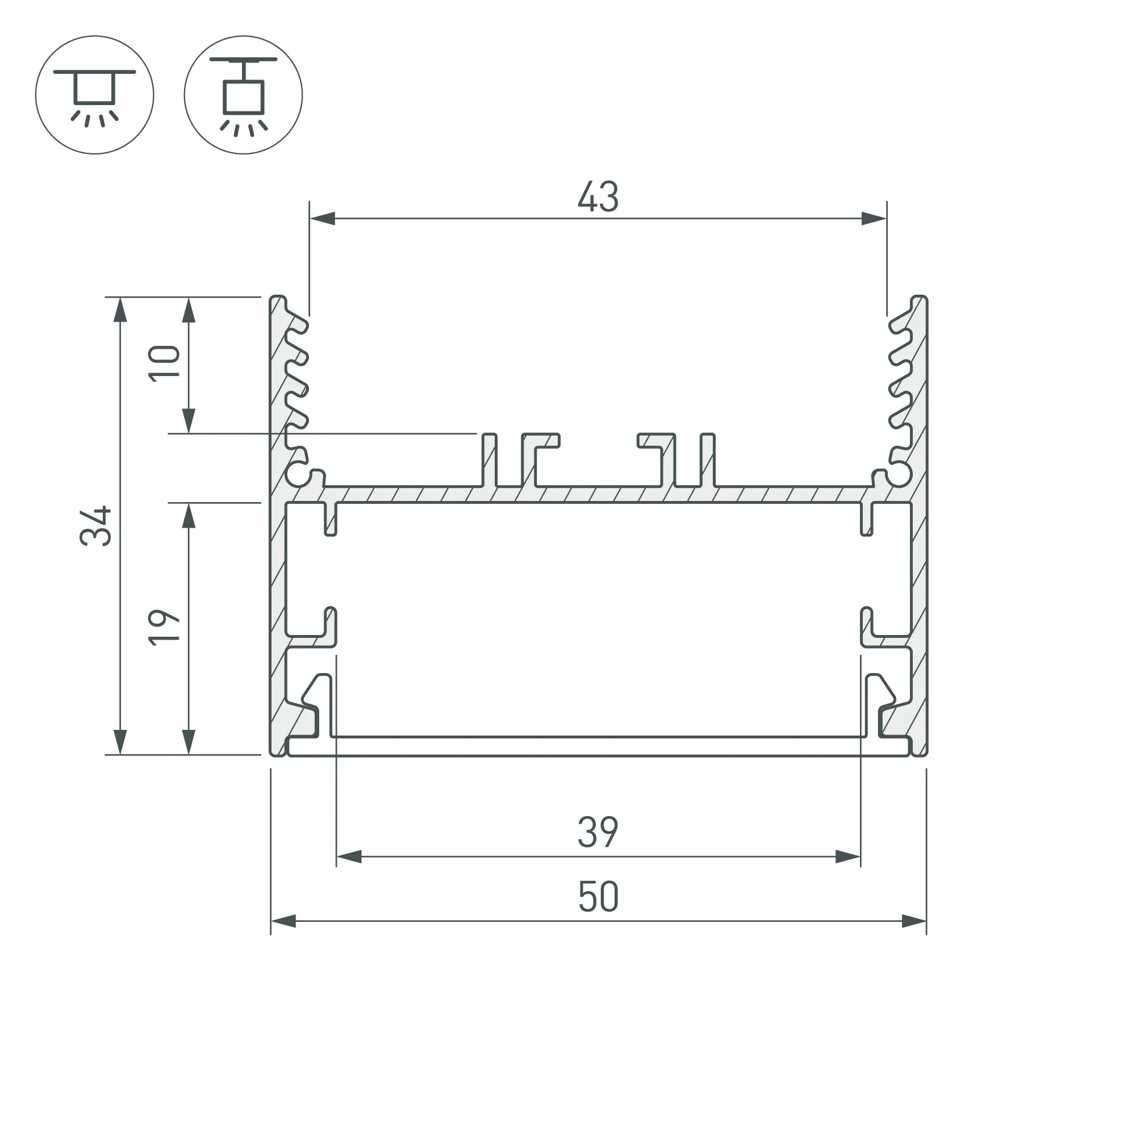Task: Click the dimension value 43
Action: pos(598,197)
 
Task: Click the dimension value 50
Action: pos(598,897)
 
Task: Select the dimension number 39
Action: pos(598,832)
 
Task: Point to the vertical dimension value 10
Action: pos(164,364)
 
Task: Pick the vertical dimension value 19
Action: pos(164,628)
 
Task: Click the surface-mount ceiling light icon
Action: pos(95,95)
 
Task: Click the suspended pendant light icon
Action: pos(243,95)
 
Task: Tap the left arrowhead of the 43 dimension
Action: pos(322,219)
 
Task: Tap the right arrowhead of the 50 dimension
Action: pos(914,921)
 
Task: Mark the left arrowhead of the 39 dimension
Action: pos(349,857)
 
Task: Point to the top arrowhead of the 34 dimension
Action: pos(120,311)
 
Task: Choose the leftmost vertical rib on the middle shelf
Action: pos(489,461)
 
